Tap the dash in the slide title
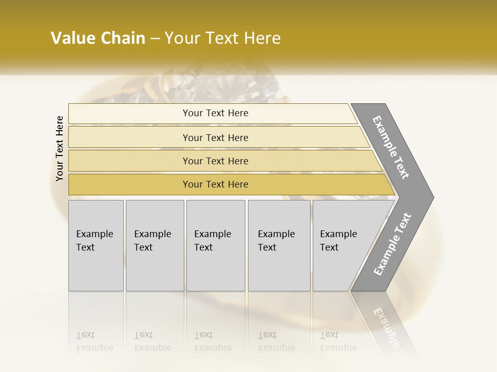155,39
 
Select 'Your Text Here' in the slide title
223,38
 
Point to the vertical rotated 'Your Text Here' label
60,148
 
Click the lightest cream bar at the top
215,113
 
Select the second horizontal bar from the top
215,137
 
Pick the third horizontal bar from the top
215,161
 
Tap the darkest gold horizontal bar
215,184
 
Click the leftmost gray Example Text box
96,245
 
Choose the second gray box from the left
155,245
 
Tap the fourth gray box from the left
279,245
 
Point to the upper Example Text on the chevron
391,147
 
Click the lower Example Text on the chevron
392,244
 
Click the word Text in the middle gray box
203,247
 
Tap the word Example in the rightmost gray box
339,234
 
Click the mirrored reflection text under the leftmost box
95,342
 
